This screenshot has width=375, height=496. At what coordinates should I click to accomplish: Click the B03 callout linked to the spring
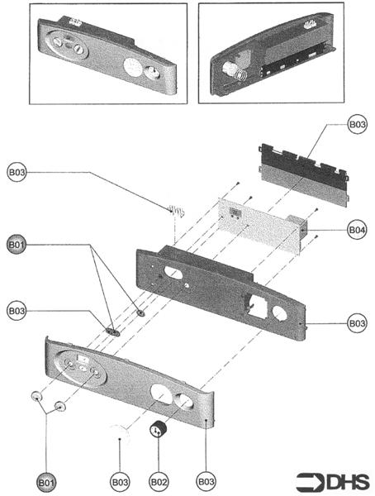pyautogui.click(x=17, y=173)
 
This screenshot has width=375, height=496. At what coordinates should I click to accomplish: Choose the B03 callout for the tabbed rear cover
pyautogui.click(x=357, y=126)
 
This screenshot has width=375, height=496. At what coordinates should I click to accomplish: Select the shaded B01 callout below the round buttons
pyautogui.click(x=45, y=479)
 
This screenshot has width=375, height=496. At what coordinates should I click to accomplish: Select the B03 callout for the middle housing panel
pyautogui.click(x=357, y=323)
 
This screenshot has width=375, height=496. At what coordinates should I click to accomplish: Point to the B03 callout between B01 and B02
pyautogui.click(x=121, y=479)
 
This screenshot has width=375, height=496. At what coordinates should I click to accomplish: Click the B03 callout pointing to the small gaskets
pyautogui.click(x=17, y=310)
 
